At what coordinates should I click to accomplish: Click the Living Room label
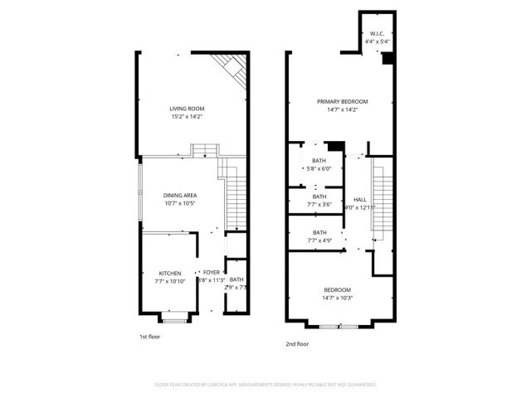[x=187, y=109]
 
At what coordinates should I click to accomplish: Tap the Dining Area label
[x=180, y=195]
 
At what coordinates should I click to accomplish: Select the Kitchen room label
[x=170, y=273]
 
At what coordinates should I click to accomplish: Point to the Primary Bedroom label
[x=342, y=101]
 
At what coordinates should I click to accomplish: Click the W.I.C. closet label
[x=377, y=35]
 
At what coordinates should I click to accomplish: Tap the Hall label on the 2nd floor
[x=360, y=200]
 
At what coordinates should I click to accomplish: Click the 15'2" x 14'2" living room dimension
[x=187, y=117]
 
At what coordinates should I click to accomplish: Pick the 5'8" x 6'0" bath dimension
[x=319, y=168]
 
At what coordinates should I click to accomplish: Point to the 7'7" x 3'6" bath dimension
[x=319, y=204]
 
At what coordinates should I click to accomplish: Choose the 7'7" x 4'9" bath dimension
[x=319, y=240]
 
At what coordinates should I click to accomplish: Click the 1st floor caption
[x=149, y=337]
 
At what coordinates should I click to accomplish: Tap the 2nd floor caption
[x=298, y=342]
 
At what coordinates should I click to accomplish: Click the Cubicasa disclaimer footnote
[x=265, y=385]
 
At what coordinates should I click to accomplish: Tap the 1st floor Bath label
[x=236, y=279]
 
